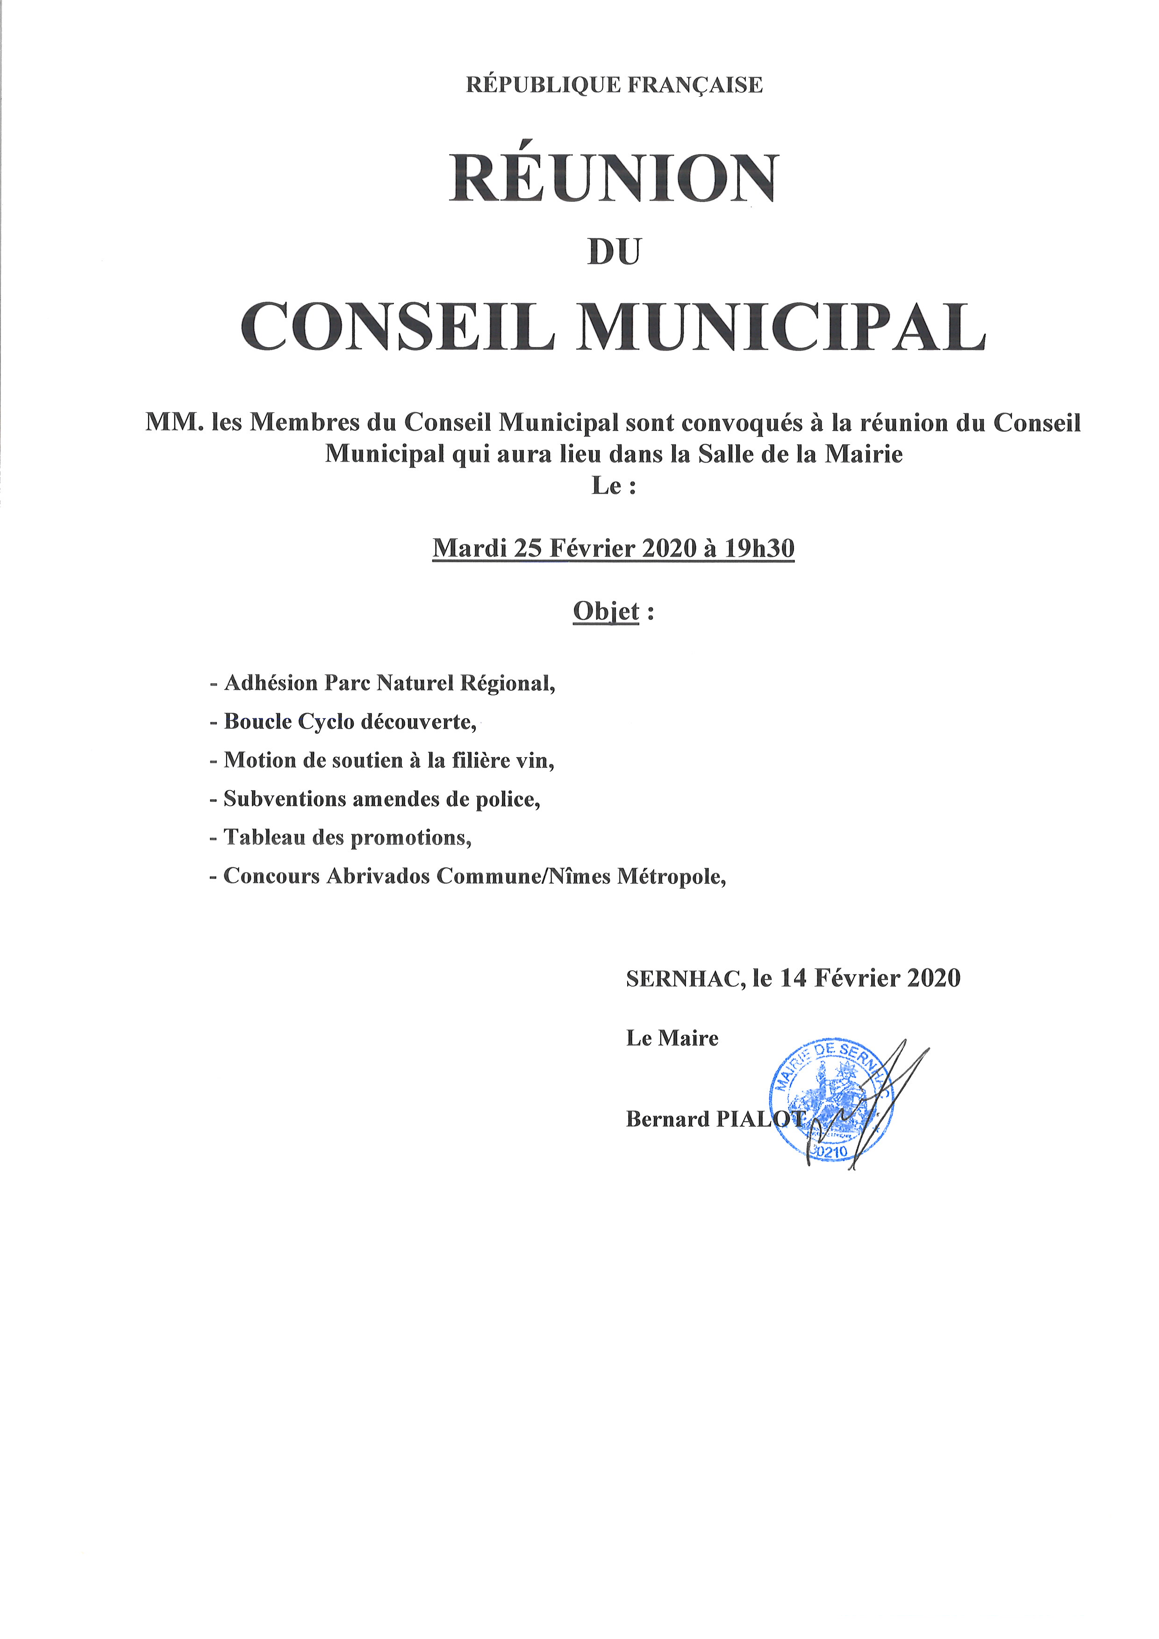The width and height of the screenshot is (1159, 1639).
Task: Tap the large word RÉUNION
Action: point(614,179)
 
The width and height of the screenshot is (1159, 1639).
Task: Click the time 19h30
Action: point(758,548)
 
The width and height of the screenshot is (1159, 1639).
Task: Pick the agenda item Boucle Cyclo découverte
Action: point(350,722)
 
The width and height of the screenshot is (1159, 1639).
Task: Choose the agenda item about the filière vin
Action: point(389,760)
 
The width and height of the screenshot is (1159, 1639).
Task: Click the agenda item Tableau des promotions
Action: point(347,837)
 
